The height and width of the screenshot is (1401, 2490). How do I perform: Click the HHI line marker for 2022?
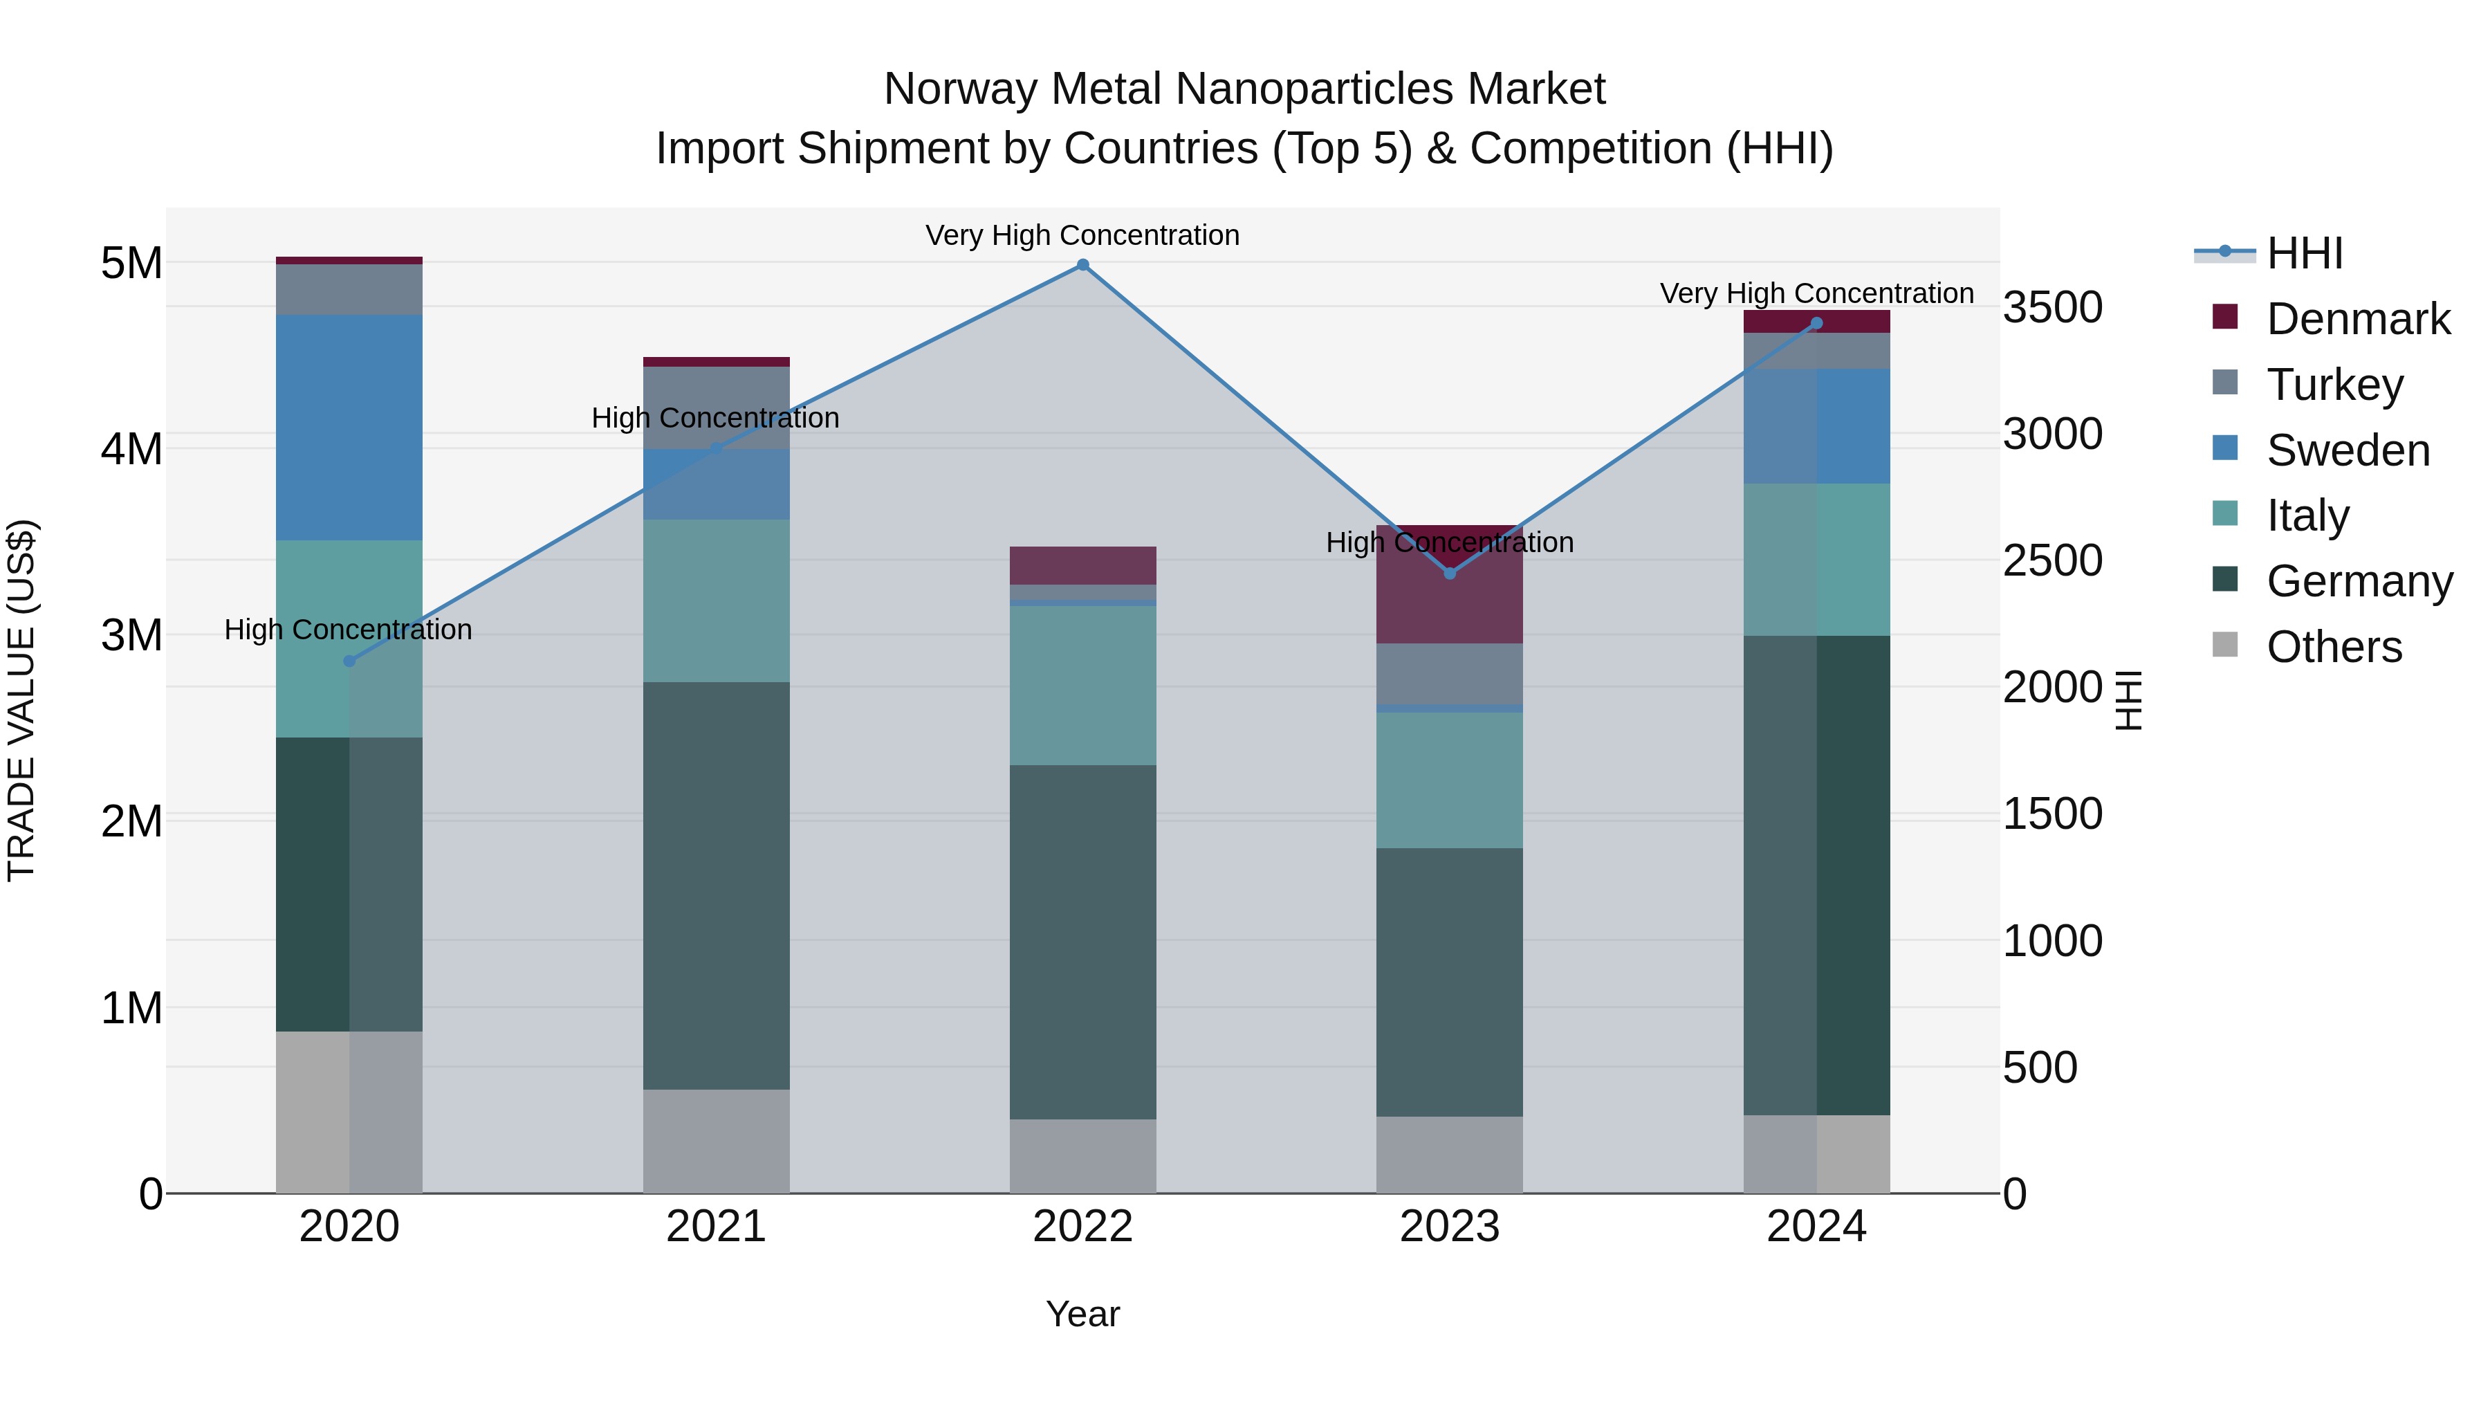point(1082,265)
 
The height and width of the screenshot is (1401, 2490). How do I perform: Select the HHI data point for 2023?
point(1449,574)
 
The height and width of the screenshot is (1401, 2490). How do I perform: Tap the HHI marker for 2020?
point(349,661)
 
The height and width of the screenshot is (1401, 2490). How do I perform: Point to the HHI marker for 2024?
point(1816,324)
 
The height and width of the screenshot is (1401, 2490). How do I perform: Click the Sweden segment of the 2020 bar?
point(349,428)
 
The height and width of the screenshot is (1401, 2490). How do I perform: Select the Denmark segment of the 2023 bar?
point(1449,599)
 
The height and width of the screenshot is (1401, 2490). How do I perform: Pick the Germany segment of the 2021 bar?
point(717,886)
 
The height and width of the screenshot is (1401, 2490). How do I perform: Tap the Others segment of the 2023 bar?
point(1449,1155)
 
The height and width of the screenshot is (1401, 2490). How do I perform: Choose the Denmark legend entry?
point(2358,319)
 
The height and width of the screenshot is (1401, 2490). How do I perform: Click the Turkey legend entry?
point(2334,385)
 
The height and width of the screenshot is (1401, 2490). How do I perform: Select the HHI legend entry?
point(2305,253)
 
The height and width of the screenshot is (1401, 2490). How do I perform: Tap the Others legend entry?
point(2334,647)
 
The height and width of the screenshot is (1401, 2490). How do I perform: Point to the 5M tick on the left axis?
point(131,263)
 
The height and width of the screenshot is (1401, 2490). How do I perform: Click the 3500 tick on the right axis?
point(2052,307)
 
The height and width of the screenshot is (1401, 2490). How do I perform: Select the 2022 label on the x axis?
point(1082,1227)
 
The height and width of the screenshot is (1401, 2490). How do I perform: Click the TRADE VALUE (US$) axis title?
point(21,701)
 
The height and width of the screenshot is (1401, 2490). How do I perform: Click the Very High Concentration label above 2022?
point(1082,236)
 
